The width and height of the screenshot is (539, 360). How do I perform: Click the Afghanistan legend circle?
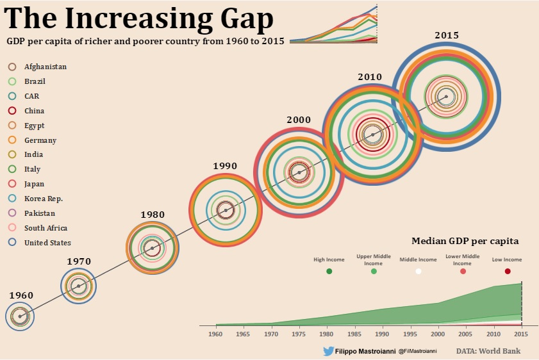coord(12,67)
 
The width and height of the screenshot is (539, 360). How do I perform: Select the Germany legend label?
coord(40,140)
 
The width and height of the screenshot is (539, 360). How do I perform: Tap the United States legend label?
coord(47,243)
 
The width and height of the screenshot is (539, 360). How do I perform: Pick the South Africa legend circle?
coord(12,228)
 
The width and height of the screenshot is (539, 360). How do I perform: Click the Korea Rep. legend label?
coord(44,199)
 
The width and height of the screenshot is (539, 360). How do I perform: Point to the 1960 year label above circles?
coord(21,295)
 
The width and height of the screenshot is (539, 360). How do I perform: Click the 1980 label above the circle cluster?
coord(153,215)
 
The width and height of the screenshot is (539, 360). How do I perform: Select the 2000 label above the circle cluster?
coord(299,120)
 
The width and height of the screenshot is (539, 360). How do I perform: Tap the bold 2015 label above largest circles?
coord(447,35)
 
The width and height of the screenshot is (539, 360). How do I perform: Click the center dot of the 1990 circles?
coord(225,210)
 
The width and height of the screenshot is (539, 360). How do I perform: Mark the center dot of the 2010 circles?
coord(372,135)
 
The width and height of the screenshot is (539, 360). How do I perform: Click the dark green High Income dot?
coord(329,272)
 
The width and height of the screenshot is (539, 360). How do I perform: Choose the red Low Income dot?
coord(508,272)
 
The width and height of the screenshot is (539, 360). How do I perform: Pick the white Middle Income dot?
coord(419,272)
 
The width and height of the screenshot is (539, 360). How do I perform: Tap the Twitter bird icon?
coord(329,351)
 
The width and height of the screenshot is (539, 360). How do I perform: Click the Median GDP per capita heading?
coord(465,241)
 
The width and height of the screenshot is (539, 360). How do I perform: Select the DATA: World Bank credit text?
coord(488,351)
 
